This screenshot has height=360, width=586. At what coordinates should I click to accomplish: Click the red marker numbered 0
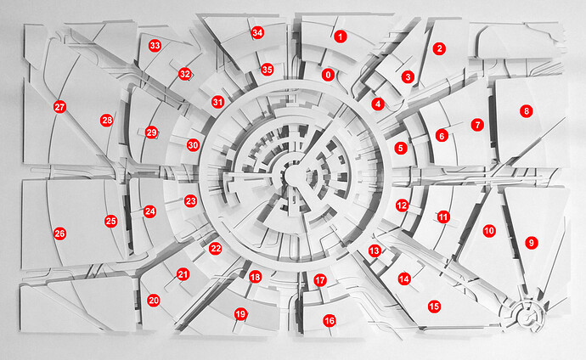(328, 75)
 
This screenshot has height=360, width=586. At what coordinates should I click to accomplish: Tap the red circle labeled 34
(257, 32)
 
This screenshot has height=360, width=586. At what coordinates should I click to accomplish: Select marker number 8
(527, 111)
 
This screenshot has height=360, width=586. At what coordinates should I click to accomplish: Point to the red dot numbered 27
(59, 107)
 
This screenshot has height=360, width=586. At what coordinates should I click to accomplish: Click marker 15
(434, 307)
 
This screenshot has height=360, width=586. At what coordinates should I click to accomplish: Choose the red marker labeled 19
(241, 314)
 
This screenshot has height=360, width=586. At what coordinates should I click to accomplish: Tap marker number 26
(59, 233)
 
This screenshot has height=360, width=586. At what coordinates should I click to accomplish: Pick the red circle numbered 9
(532, 243)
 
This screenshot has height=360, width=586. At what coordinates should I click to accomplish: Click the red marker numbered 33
(155, 46)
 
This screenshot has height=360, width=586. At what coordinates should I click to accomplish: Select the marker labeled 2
(440, 48)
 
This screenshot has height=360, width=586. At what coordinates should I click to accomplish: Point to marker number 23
(190, 201)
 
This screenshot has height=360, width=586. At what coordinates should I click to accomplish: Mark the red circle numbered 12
(402, 205)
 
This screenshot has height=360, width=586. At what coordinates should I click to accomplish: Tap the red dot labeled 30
(194, 145)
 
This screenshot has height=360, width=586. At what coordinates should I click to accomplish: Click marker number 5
(401, 149)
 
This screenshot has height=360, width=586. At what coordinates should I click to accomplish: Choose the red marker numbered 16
(330, 320)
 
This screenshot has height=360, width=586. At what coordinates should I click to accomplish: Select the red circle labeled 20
(154, 301)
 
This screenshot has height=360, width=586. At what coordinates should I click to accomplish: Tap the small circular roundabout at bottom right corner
(528, 316)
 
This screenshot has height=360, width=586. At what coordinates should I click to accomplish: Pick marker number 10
(489, 231)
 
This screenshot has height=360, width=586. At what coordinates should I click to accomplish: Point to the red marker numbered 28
(107, 121)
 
